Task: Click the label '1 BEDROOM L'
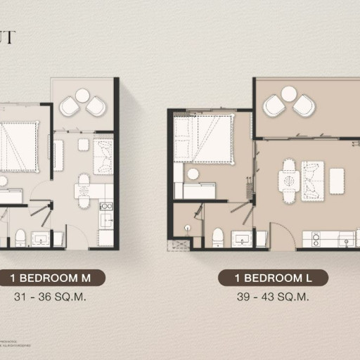tap(272, 278)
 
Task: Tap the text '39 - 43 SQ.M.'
tap(272, 296)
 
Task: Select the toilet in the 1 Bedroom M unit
tap(20, 237)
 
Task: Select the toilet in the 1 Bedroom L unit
tap(217, 236)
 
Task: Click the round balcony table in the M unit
tap(82, 95)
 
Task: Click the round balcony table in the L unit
tap(288, 94)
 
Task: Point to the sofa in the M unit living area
tap(103, 156)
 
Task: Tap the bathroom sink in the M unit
tap(40, 240)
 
